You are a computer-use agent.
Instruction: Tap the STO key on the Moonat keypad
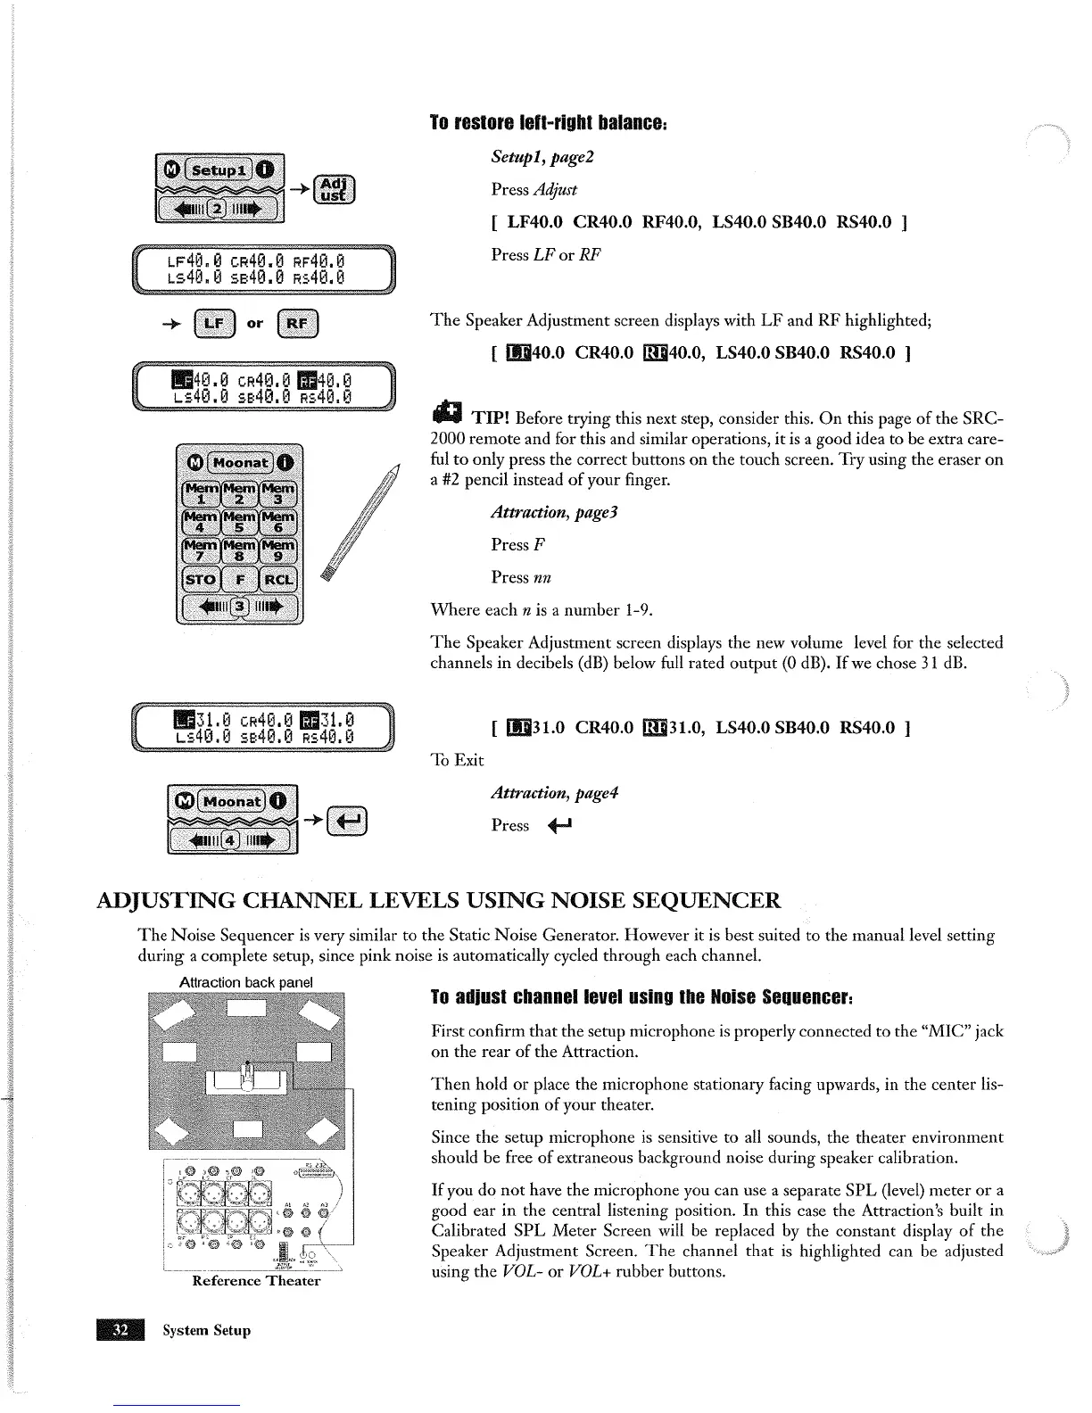[x=200, y=580]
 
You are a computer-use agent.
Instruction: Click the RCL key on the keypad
[x=278, y=580]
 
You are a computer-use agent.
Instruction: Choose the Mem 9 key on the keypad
[x=278, y=550]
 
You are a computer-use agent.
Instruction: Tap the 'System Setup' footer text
[x=206, y=1330]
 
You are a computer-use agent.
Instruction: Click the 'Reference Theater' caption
[x=256, y=1281]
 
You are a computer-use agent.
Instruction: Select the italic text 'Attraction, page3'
[x=554, y=513]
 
